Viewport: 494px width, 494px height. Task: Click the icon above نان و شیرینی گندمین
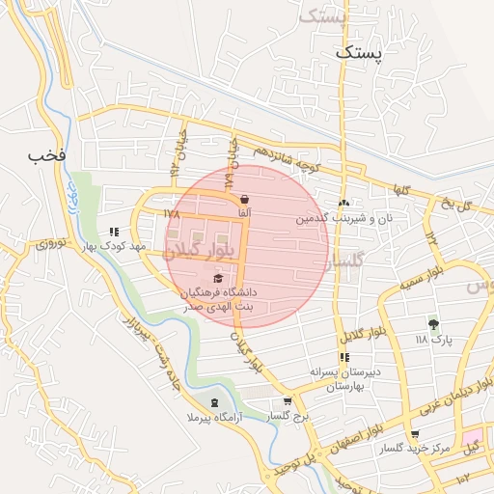(343, 203)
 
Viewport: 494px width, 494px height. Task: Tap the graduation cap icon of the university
(219, 278)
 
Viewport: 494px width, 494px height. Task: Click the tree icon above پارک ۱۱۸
(433, 324)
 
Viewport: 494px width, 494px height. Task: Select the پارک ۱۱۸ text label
(433, 340)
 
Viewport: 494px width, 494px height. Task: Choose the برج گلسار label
(287, 416)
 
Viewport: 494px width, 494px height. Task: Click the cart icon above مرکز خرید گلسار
(415, 435)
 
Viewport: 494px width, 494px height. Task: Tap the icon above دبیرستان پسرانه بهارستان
(344, 357)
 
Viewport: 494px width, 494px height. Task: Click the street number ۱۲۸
(172, 214)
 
